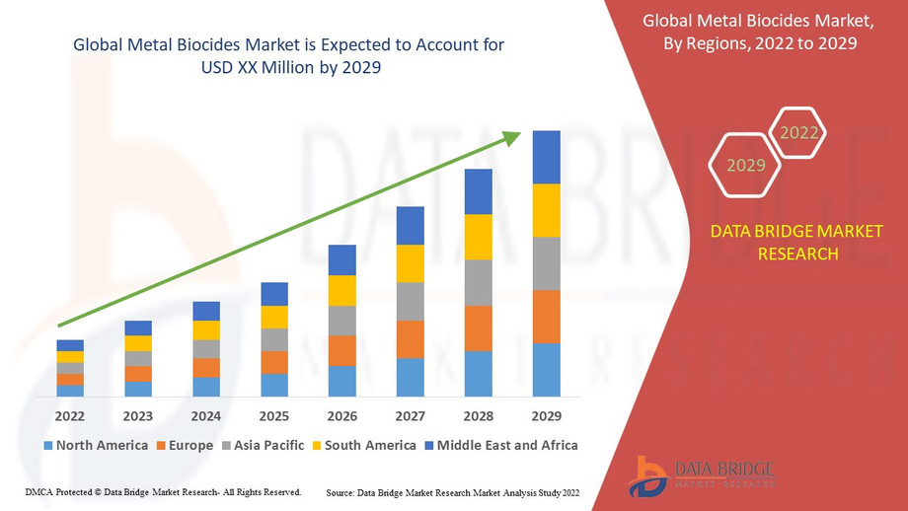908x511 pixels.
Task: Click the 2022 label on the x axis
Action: pos(70,415)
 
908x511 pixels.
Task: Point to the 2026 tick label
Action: pos(341,415)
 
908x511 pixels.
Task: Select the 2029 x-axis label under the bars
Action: pos(546,415)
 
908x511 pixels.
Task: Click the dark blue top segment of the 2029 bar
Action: pos(546,157)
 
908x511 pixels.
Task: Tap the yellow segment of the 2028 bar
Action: pos(478,237)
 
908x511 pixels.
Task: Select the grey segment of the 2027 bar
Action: pos(410,301)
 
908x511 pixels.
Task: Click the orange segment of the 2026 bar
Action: pos(341,350)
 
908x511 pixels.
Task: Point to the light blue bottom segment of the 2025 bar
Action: pos(274,385)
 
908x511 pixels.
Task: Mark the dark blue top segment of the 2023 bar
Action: pos(138,328)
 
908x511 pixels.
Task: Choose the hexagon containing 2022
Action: pos(798,133)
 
